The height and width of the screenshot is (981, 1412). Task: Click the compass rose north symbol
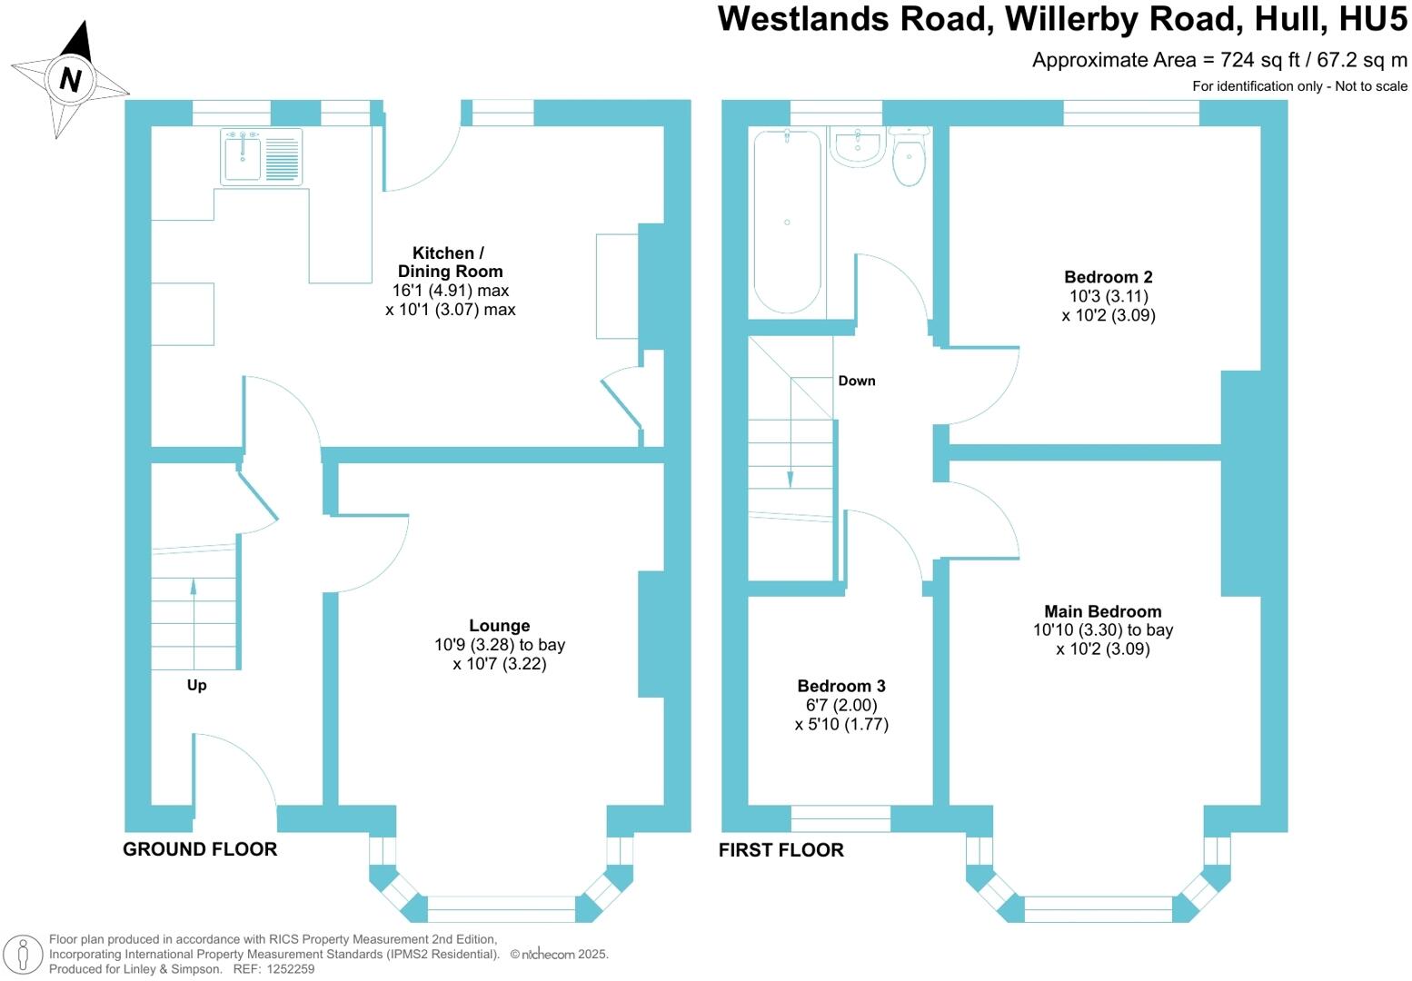[x=70, y=80]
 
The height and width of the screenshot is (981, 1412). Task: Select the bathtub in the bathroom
[x=787, y=222]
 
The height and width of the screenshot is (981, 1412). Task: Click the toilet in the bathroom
[x=909, y=160]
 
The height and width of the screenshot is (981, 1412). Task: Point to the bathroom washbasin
[x=857, y=147]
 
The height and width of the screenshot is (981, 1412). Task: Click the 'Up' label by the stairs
[x=196, y=685]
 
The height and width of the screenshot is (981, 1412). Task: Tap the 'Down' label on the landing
[x=857, y=381]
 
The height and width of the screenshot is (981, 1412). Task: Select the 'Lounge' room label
[x=499, y=626]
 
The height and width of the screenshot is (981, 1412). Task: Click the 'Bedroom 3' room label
[x=841, y=686]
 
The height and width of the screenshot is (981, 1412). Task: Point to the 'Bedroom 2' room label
[x=1108, y=277]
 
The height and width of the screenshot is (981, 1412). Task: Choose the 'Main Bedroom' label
[x=1102, y=611]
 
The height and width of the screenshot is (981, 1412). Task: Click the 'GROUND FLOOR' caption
[x=200, y=849]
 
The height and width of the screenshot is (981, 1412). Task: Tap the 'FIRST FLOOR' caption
[x=781, y=850]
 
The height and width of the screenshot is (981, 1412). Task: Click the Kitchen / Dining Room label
[x=450, y=262]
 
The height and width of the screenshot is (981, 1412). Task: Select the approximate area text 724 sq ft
[x=1250, y=61]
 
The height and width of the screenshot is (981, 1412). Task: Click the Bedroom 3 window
[x=840, y=818]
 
